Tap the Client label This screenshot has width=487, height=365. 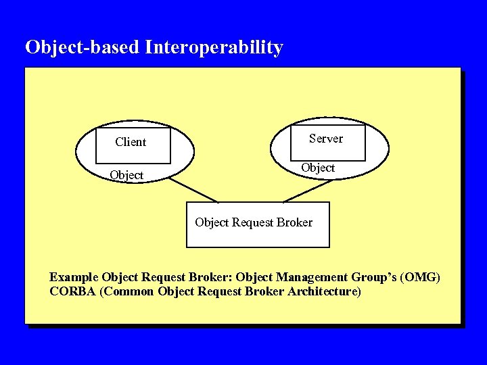131,142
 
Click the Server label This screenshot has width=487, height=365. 326,139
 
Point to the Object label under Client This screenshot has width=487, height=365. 126,175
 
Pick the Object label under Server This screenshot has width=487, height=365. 318,168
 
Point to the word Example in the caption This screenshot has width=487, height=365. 74,277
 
